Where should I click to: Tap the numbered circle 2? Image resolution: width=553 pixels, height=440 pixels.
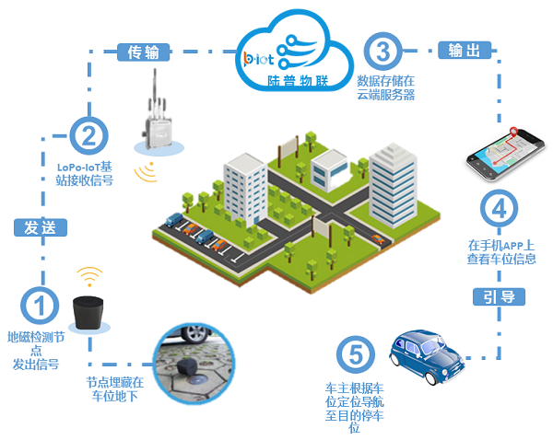(x=88, y=136)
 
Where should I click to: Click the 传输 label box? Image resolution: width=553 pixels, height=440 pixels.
(x=142, y=52)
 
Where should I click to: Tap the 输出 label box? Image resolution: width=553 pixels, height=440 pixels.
(x=462, y=50)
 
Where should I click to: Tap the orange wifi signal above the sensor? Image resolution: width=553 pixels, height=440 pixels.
(x=89, y=276)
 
